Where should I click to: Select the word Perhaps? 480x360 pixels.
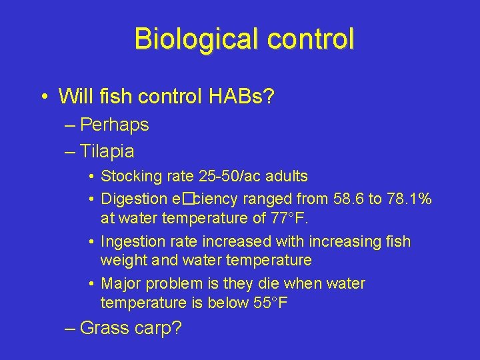click(x=114, y=125)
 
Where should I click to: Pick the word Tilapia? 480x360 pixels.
click(x=107, y=151)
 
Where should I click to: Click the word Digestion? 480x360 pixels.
click(x=134, y=199)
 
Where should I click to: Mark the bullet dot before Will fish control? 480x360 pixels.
click(x=43, y=97)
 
